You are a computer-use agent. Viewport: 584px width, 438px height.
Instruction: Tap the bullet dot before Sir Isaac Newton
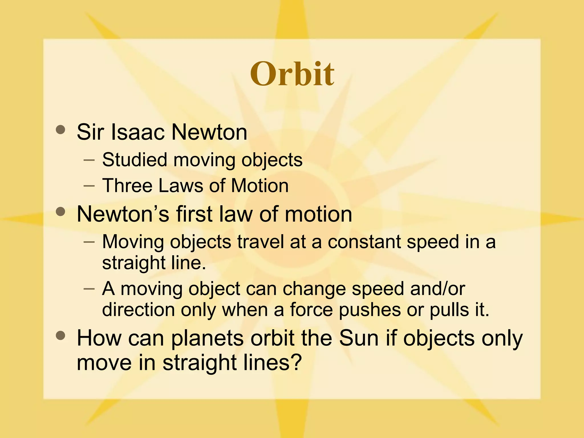[x=60, y=130]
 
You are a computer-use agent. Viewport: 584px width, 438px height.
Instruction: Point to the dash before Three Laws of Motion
[x=89, y=186]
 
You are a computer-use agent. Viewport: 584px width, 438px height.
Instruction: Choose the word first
[x=194, y=214]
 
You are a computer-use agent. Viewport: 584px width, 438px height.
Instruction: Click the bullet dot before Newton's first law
[x=60, y=212]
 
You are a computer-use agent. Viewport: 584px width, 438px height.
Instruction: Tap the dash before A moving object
[x=89, y=289]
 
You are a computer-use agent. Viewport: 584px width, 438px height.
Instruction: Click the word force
[x=311, y=310]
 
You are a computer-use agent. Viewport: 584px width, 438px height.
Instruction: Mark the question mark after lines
[x=297, y=362]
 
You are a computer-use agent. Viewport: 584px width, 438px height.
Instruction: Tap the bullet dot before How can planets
[x=60, y=336]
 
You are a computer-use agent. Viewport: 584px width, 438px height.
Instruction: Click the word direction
[x=138, y=310]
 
